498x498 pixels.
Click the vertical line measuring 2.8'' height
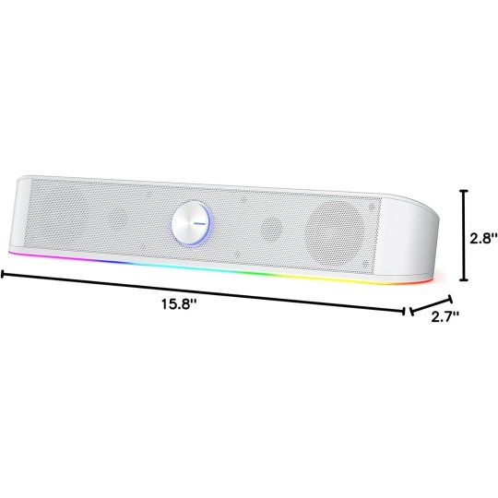coord(464,235)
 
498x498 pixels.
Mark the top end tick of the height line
coord(464,191)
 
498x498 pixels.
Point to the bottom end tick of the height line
coord(464,279)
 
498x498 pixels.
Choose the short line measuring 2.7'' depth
coord(427,305)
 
